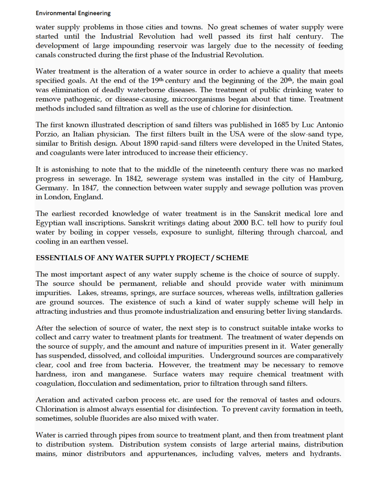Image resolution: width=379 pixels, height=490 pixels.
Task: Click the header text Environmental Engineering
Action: click(73, 13)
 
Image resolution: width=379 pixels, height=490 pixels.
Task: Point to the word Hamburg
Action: click(325, 179)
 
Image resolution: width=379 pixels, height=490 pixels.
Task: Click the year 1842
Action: click(133, 179)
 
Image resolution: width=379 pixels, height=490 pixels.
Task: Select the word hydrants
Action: click(325, 454)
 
